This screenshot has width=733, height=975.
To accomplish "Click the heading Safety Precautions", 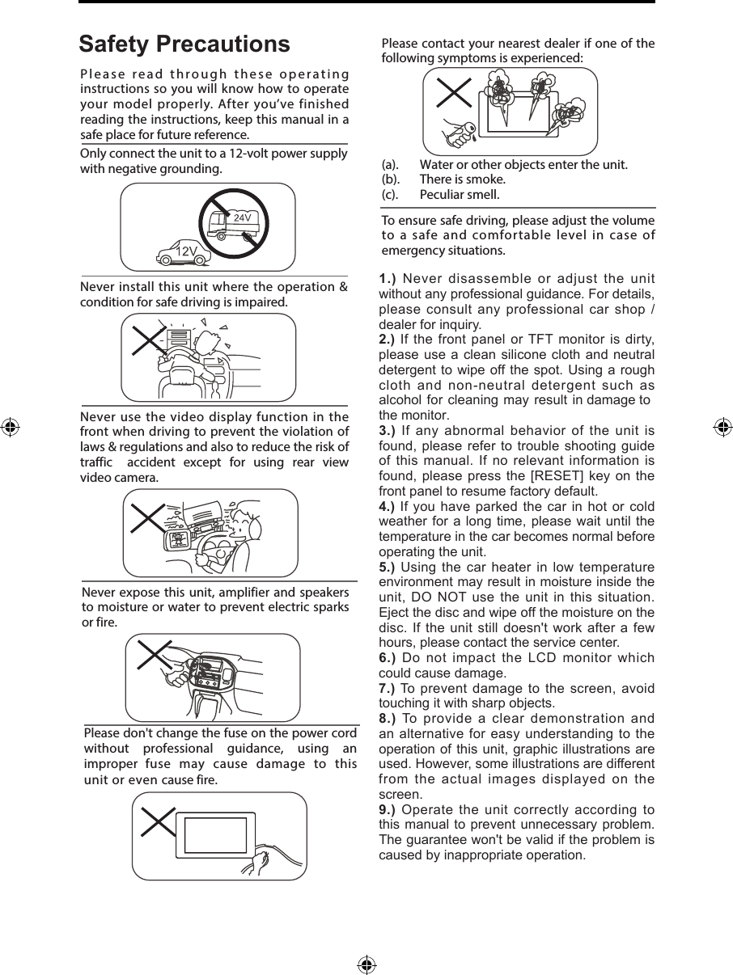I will pos(184,44).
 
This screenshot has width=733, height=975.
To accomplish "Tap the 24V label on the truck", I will pos(242,218).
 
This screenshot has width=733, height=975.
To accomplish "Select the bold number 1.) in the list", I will pos(388,279).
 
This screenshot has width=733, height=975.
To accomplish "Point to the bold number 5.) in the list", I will pos(388,568).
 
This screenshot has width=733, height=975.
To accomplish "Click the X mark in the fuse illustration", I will pos(158,822).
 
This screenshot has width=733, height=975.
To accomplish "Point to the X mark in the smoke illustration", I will pos(454,92).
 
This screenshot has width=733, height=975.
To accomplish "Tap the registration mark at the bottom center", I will pos(366,964).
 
